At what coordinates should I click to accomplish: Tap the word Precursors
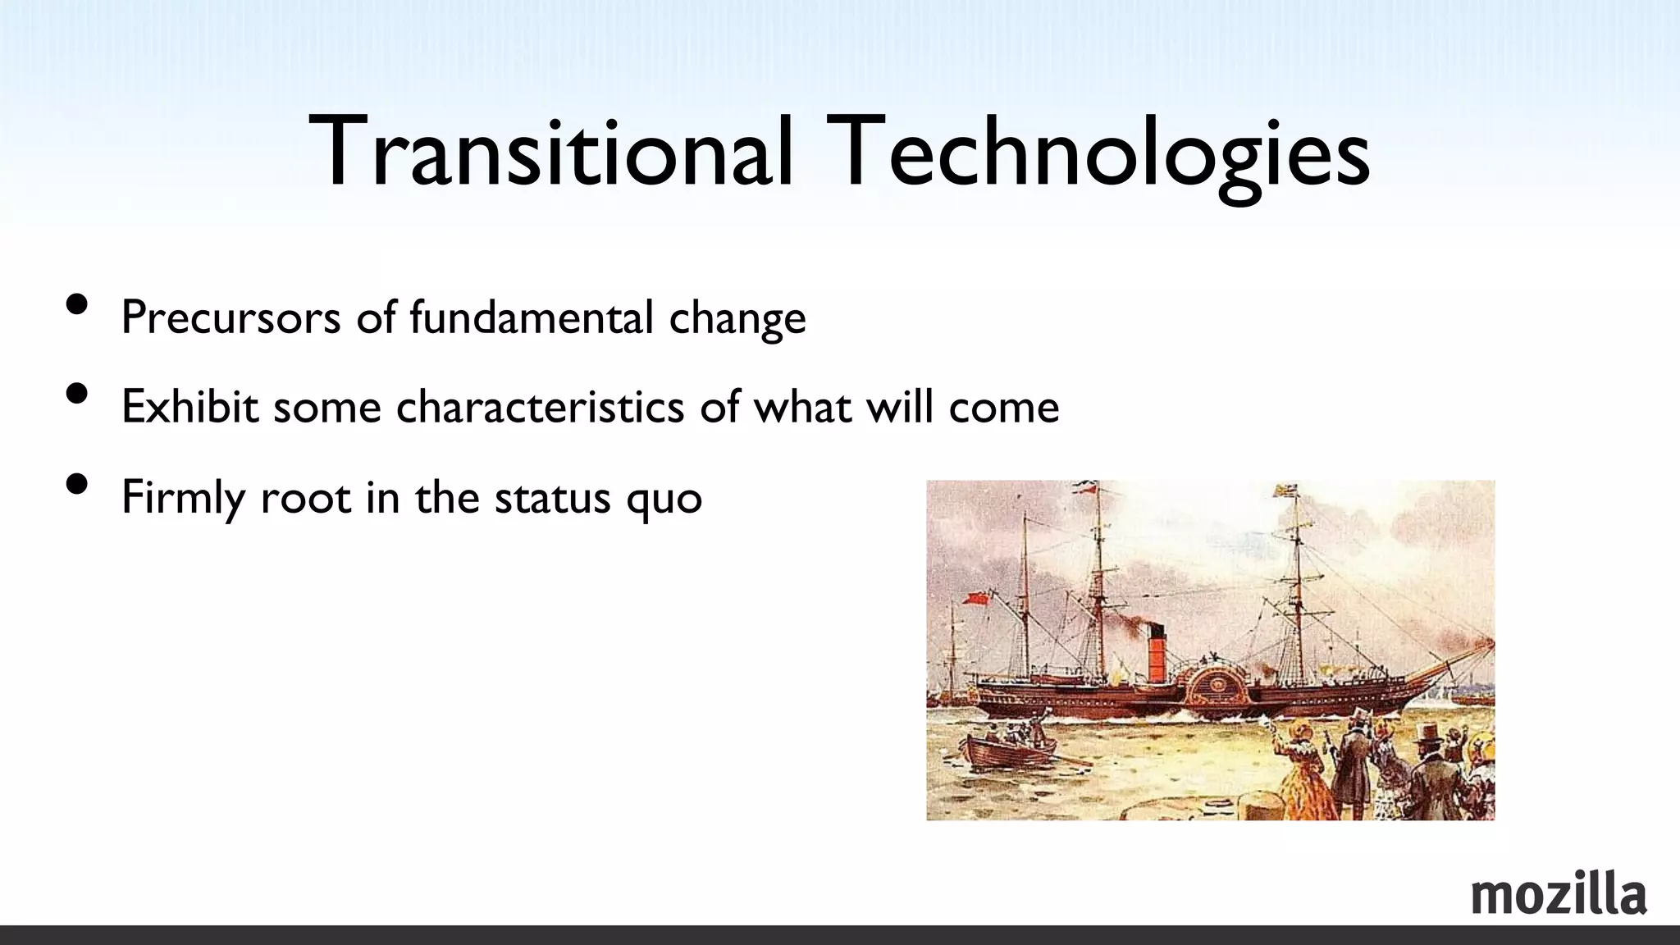click(x=231, y=317)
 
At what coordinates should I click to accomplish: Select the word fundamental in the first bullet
click(x=531, y=317)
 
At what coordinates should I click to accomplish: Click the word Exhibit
click(x=189, y=407)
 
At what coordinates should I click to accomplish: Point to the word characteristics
click(x=540, y=407)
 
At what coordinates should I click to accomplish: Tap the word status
click(x=552, y=497)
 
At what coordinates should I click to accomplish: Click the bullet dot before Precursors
click(x=76, y=305)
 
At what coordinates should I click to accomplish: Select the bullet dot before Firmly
click(x=76, y=485)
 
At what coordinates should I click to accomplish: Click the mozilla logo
click(x=1559, y=896)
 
